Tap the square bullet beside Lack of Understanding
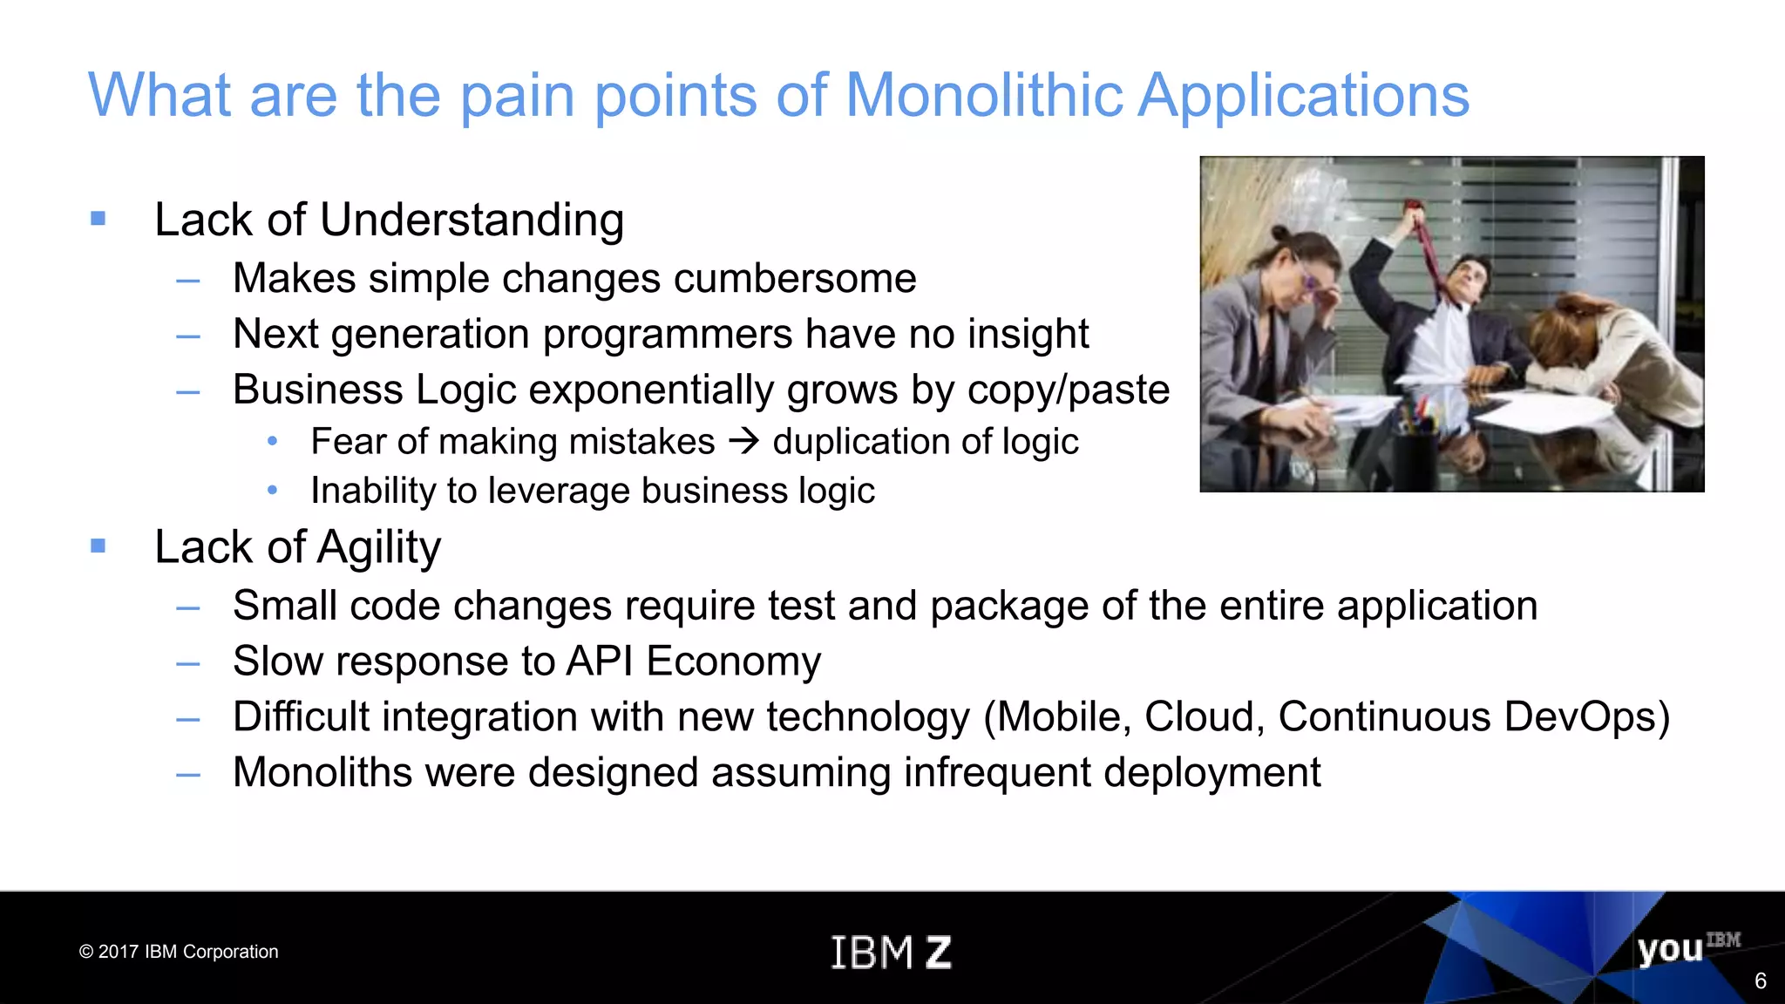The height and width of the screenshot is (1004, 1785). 98,218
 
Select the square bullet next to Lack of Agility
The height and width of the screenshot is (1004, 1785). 98,546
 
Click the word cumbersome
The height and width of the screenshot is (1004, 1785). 794,279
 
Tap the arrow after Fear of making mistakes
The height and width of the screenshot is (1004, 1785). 743,442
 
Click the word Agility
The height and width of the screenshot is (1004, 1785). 379,548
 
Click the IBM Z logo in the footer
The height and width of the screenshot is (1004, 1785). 890,952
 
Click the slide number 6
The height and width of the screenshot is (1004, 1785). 1760,981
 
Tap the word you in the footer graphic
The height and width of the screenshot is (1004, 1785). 1669,949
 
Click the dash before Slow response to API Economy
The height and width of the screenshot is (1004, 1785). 187,663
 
